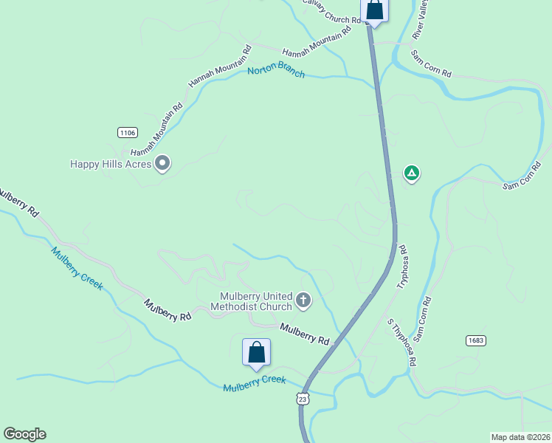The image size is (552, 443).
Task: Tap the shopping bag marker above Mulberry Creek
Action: click(x=256, y=352)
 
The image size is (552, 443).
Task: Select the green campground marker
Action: click(x=412, y=174)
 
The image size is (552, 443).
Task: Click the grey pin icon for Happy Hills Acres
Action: click(x=163, y=163)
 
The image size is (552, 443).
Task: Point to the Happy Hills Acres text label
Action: click(x=111, y=164)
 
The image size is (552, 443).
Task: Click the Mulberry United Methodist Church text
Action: click(x=251, y=301)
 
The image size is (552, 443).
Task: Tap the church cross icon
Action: click(x=303, y=301)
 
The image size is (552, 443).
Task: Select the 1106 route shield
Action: click(x=127, y=132)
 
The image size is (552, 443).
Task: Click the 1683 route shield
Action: click(x=476, y=340)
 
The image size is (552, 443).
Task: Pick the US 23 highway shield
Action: click(x=302, y=399)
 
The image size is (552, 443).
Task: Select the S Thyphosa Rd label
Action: click(x=402, y=343)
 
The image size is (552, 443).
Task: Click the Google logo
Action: click(x=24, y=434)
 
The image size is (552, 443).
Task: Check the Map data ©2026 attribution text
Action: click(x=520, y=436)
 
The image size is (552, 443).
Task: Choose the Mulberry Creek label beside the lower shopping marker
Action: click(x=254, y=384)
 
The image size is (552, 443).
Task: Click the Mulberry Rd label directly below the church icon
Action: click(x=304, y=334)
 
